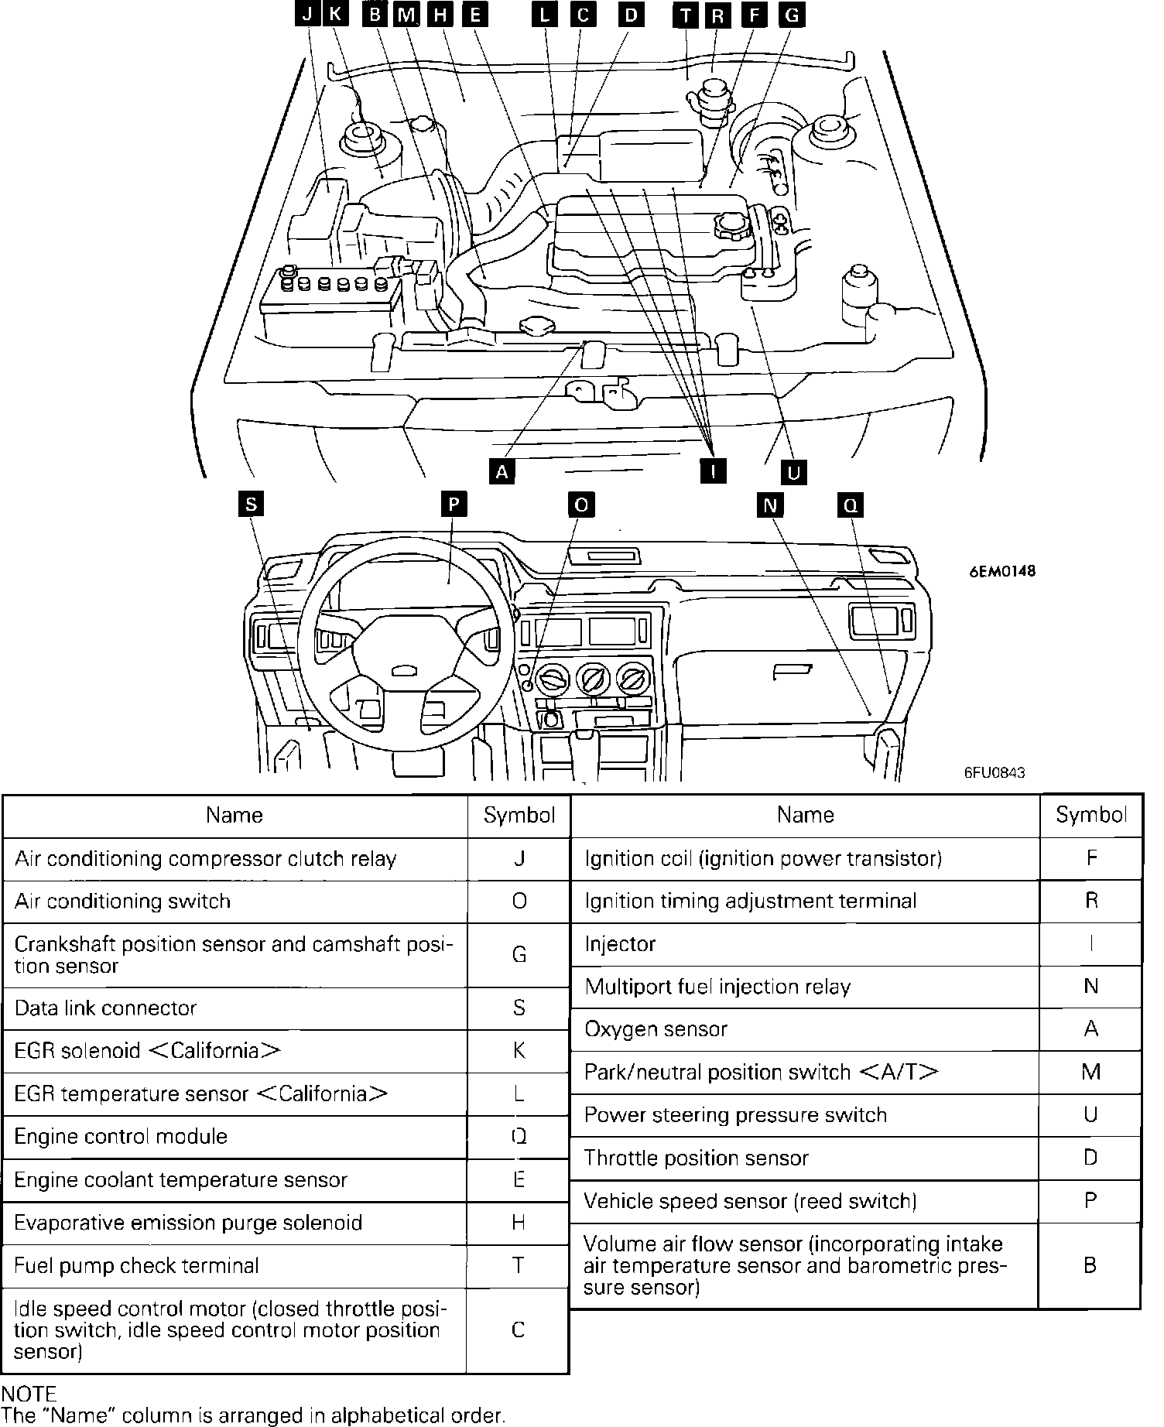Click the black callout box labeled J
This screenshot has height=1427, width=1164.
pyautogui.click(x=308, y=14)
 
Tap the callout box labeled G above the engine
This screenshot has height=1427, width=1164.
pyautogui.click(x=790, y=15)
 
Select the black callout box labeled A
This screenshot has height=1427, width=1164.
pyautogui.click(x=502, y=471)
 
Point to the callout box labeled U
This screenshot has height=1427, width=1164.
pyautogui.click(x=793, y=471)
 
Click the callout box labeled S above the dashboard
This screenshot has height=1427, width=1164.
pyautogui.click(x=251, y=505)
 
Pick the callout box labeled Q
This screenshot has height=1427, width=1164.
pyautogui.click(x=850, y=505)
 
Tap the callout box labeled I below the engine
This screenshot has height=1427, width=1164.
pyautogui.click(x=713, y=470)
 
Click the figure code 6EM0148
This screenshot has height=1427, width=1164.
pyautogui.click(x=1001, y=572)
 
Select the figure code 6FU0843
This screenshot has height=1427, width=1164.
pyautogui.click(x=995, y=772)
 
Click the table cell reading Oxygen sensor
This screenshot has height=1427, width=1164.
pyautogui.click(x=656, y=1029)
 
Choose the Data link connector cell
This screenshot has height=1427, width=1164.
pyautogui.click(x=105, y=1008)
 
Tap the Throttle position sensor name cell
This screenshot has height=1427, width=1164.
pyautogui.click(x=696, y=1158)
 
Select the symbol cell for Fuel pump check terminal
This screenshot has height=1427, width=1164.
pyautogui.click(x=519, y=1265)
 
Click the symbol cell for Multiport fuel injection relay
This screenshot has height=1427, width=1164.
pyautogui.click(x=1090, y=986)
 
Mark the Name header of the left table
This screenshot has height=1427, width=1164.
pyautogui.click(x=235, y=815)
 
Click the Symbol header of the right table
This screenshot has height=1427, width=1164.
pyautogui.click(x=1090, y=815)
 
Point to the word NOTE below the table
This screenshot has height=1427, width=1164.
pyautogui.click(x=29, y=1394)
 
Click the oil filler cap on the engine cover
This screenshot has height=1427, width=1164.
pyautogui.click(x=730, y=227)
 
